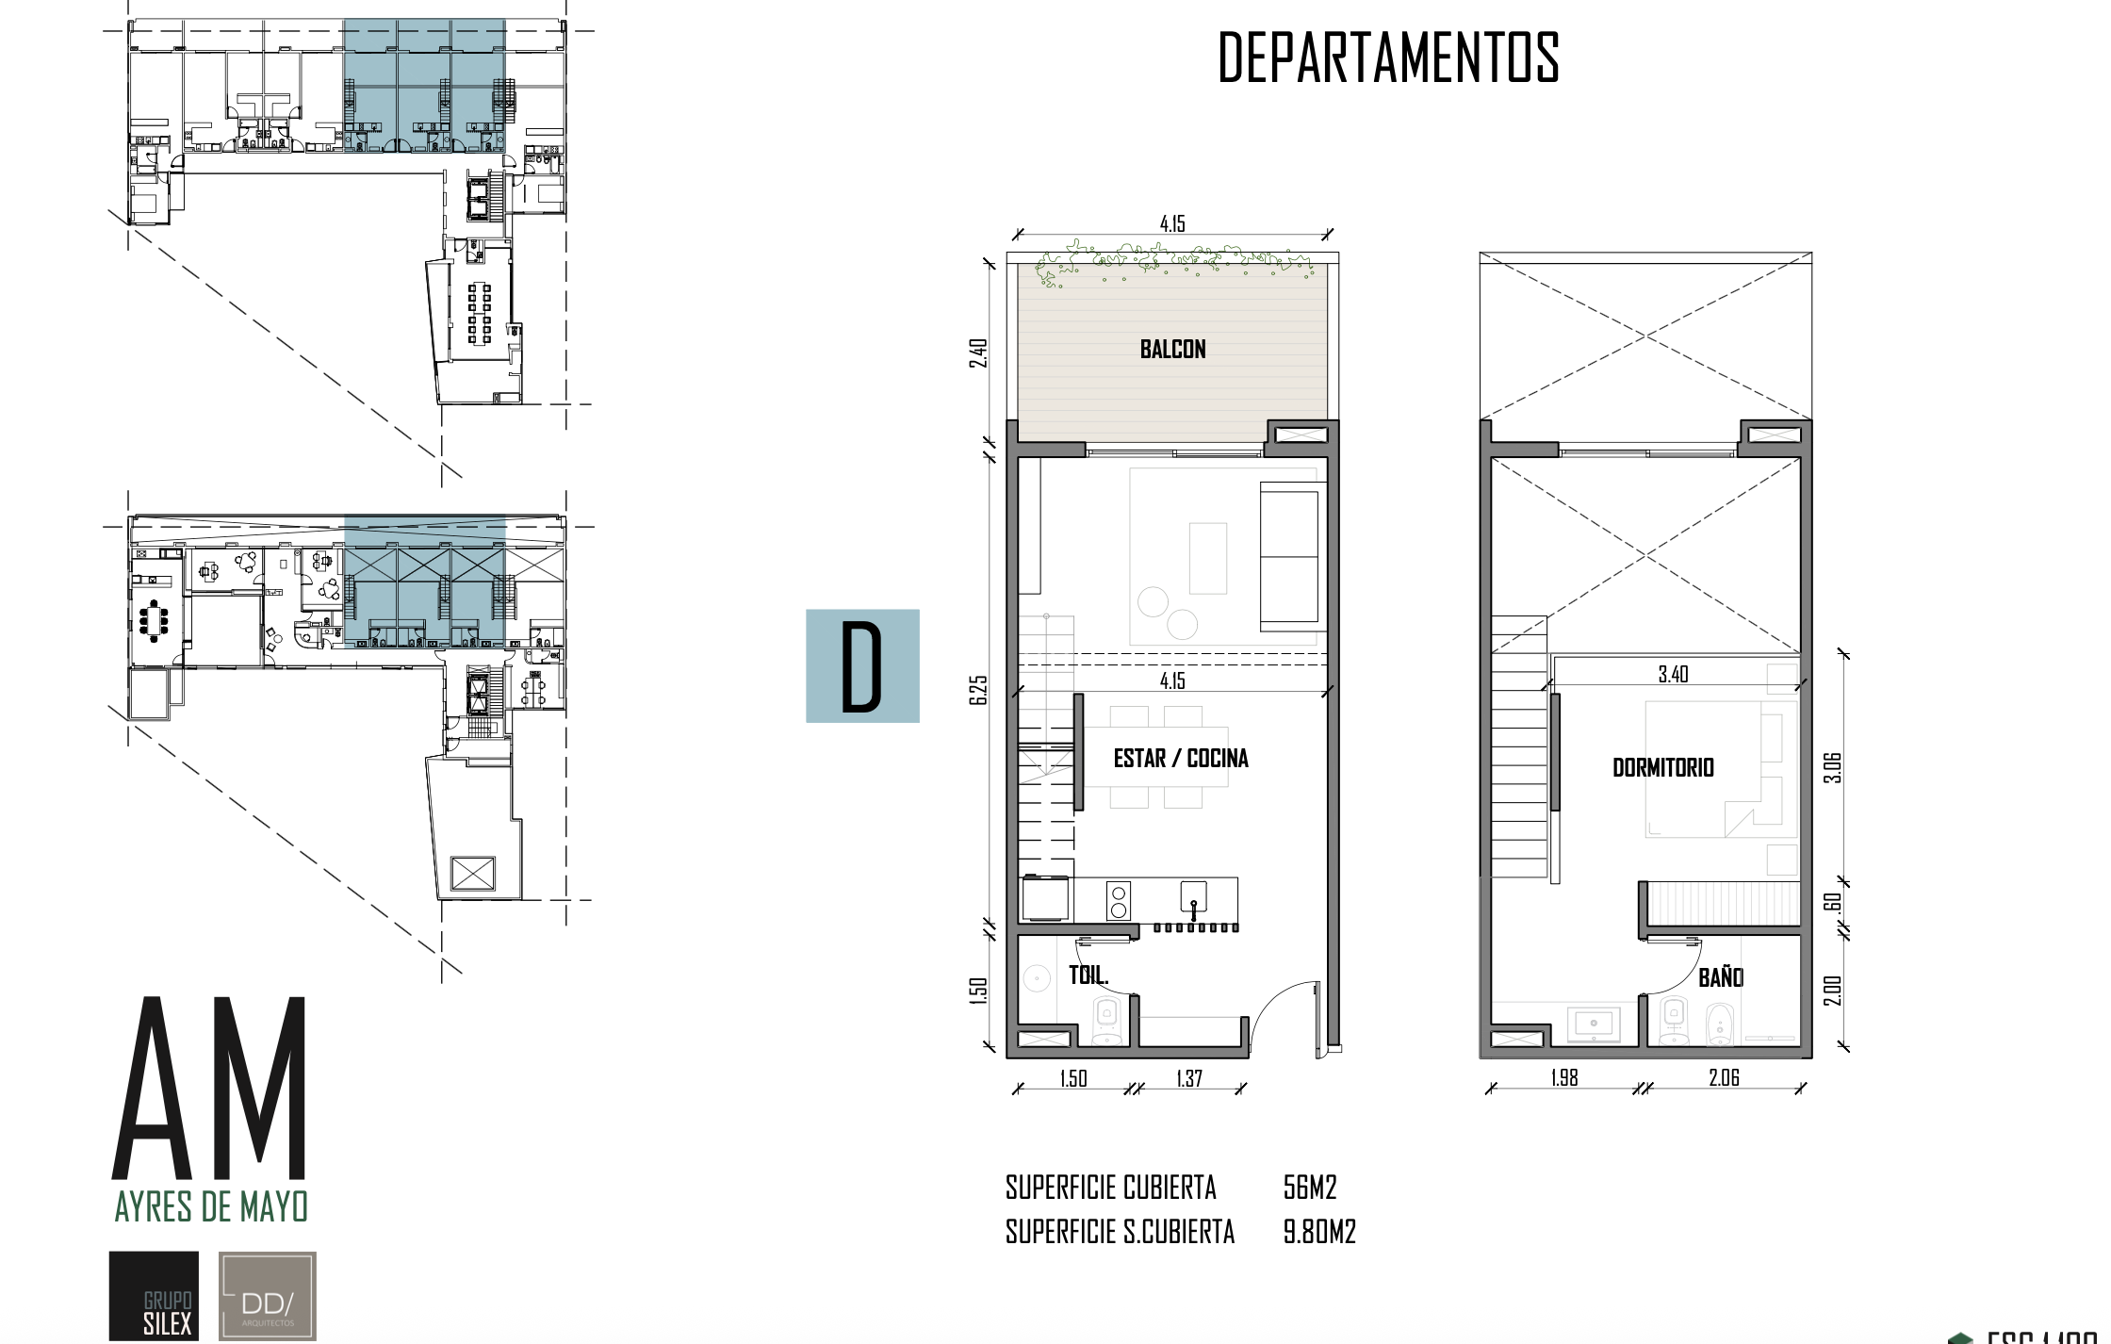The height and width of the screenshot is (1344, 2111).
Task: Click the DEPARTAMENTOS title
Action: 1388,58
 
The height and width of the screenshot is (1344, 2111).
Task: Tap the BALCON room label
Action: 1172,350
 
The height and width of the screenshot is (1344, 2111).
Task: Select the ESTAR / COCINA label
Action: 1180,759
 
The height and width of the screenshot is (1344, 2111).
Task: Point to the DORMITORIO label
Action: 1662,767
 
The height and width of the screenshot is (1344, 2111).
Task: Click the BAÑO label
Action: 1720,978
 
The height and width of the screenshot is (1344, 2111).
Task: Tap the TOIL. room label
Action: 1088,975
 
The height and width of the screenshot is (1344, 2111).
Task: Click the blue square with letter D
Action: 862,666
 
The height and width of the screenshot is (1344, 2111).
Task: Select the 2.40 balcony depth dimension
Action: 979,353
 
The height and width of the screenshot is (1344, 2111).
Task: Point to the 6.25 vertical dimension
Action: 979,690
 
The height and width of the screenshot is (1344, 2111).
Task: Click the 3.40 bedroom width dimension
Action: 1673,674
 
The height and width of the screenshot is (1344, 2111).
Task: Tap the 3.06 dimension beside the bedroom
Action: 1832,768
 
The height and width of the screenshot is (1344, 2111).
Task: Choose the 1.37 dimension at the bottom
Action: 1189,1078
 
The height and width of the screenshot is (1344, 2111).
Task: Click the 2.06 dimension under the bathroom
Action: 1724,1077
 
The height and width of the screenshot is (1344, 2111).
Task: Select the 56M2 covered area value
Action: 1310,1188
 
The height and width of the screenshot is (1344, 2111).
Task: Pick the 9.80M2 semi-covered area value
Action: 1319,1232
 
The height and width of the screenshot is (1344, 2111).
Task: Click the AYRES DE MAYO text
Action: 211,1206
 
